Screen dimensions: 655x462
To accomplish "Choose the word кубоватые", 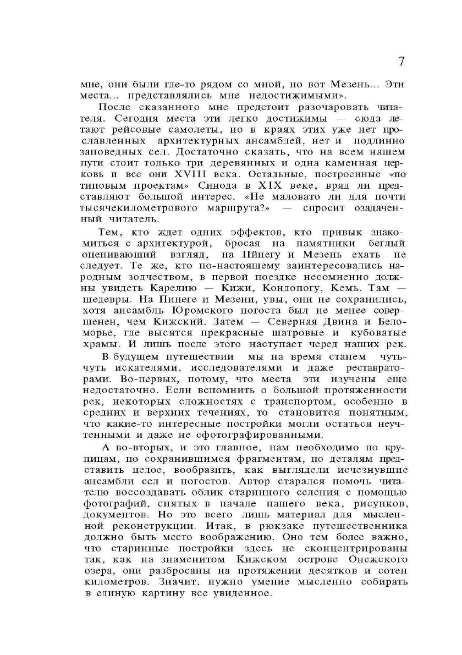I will [379, 333].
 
